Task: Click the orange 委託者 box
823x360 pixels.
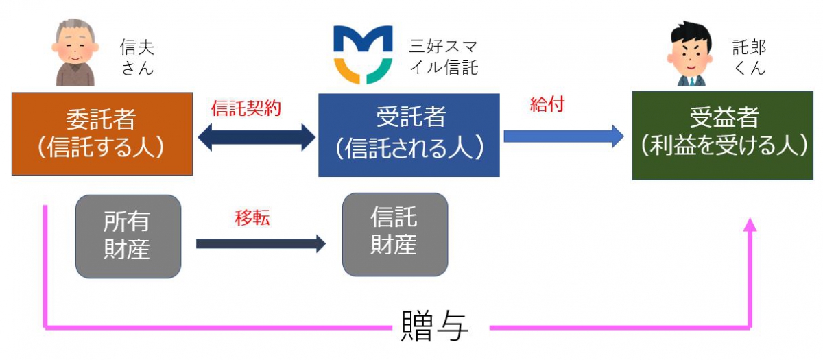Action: coord(102,134)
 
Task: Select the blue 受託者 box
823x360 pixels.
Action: coord(409,135)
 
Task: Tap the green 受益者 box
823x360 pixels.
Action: coord(723,136)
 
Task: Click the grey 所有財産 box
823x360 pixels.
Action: coord(128,236)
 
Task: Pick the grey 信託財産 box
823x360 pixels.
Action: coord(395,234)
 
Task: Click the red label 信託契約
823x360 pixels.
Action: coord(246,108)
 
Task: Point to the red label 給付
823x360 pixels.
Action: coord(547,104)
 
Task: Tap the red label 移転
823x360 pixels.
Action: coord(252,217)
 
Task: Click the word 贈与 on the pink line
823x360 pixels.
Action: coord(434,326)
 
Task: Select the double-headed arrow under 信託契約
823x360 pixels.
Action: coord(257,137)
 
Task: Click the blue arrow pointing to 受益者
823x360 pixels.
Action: coord(564,136)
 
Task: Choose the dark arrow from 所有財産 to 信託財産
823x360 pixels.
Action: coord(261,243)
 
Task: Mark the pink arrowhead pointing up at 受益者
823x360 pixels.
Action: coord(750,224)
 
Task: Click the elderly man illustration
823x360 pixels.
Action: coord(75,52)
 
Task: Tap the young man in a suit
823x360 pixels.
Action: coord(691,53)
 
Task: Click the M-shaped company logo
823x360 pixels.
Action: coord(363,54)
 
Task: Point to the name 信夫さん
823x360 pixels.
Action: coord(137,58)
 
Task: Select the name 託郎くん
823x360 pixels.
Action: coord(749,57)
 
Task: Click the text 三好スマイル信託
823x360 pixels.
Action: coord(444,57)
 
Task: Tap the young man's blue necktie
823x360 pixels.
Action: coord(692,81)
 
